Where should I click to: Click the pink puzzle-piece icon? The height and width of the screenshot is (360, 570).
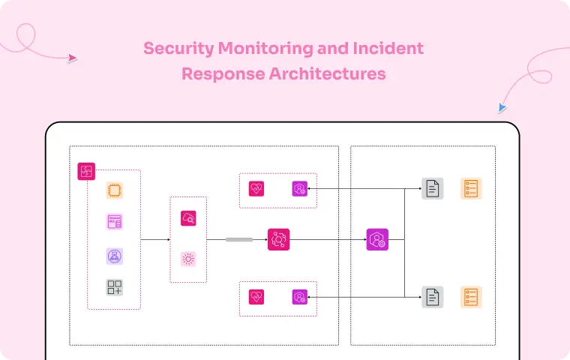pos(86,171)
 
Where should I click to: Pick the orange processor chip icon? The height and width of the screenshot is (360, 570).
pos(114,190)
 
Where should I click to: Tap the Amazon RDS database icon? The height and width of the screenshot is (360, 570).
pos(114,222)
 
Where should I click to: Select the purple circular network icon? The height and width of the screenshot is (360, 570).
pos(114,256)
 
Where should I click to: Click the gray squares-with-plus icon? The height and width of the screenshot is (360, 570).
pos(114,287)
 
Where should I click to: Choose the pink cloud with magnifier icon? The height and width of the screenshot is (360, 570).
pos(188,218)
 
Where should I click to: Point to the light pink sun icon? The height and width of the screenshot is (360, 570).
pos(188,259)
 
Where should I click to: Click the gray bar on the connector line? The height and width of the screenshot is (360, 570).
pos(239,239)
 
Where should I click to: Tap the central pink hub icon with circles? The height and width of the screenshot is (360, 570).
pos(278,239)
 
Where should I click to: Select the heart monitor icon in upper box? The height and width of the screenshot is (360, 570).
pos(256,189)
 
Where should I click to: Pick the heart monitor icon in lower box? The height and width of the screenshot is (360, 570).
pos(256,297)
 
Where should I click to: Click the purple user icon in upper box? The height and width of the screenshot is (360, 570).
pos(300,189)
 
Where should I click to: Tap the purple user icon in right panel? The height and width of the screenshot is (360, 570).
pos(376,239)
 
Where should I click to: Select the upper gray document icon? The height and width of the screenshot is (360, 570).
pos(432,189)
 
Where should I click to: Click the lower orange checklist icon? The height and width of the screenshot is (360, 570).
pos(471,297)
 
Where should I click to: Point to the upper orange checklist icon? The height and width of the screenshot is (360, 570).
pos(471,189)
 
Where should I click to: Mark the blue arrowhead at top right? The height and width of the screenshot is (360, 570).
pos(502,108)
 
